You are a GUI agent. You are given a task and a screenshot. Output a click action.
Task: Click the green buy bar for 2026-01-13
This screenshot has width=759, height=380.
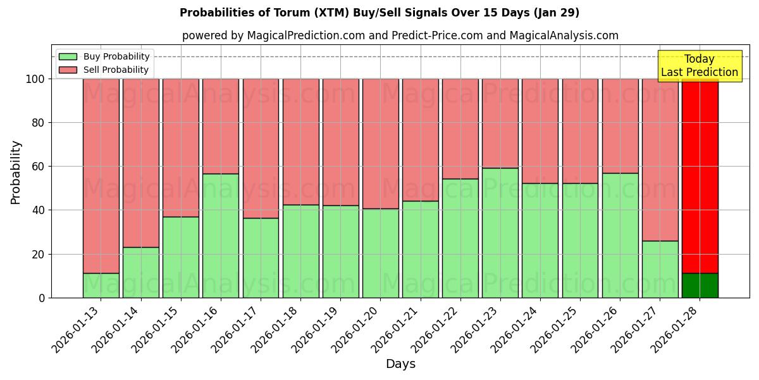pos(101,285)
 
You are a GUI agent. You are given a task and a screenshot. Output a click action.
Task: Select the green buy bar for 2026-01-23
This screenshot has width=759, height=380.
pos(500,232)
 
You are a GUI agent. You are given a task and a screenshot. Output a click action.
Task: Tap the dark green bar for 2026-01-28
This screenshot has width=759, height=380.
pos(700,285)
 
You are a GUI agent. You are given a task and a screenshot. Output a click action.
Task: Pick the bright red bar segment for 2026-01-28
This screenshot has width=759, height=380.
pos(700,176)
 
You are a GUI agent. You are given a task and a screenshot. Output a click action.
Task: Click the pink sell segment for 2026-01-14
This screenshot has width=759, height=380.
pos(140,163)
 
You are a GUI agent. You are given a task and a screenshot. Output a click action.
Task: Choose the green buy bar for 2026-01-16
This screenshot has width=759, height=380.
pos(221,236)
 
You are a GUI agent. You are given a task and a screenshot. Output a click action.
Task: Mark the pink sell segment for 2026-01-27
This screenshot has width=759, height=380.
pos(660,160)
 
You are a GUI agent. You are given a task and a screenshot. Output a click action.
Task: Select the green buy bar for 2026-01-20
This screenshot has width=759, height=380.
pos(380,253)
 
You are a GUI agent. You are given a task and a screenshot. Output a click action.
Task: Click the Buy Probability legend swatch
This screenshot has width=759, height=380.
pos(68,56)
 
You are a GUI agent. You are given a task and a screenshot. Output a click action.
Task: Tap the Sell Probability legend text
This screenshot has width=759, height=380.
pos(116,70)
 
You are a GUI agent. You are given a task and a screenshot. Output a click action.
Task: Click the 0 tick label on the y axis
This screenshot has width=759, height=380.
pos(42,298)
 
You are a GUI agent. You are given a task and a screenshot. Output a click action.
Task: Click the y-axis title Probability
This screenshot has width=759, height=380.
pos(16,172)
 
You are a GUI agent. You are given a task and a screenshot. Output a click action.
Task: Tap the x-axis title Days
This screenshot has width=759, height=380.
pos(400,364)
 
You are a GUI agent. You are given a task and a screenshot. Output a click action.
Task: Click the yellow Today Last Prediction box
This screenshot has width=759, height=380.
pos(699,66)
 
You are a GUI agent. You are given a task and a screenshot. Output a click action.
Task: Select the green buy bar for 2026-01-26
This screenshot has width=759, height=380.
pos(620,235)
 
